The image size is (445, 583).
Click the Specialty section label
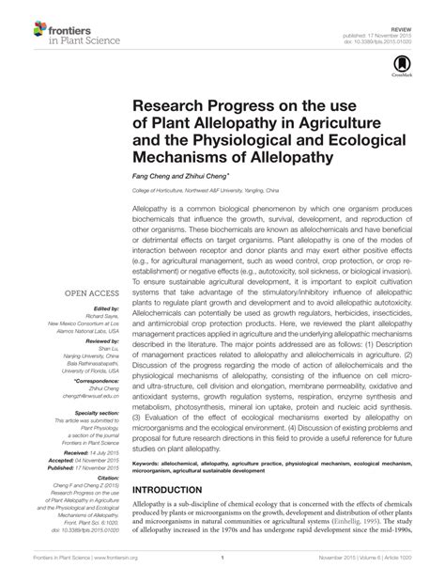tap(98, 412)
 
